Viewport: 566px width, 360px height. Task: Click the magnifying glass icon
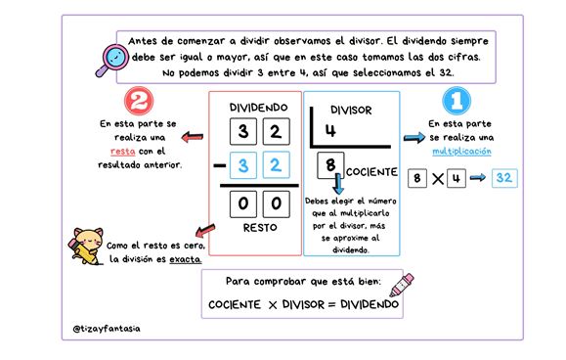[112, 60]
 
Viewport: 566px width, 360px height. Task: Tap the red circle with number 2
[139, 101]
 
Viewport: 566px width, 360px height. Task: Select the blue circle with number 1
[457, 101]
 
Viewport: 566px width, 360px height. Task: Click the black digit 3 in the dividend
[243, 131]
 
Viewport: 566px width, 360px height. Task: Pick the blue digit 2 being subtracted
[276, 165]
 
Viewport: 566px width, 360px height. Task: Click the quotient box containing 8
[330, 165]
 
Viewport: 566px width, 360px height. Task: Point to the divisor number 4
[330, 130]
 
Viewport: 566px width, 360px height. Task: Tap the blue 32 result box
[504, 178]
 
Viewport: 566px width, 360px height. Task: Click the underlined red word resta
[123, 152]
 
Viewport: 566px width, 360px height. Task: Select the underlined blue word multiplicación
[461, 152]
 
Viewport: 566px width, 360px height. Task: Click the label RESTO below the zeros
[260, 228]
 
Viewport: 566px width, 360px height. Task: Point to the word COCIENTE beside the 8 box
[371, 172]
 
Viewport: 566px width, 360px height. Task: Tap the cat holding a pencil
[86, 246]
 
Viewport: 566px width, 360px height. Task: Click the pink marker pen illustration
[402, 285]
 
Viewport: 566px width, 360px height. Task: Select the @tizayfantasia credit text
[107, 329]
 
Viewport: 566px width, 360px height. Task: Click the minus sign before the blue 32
[220, 165]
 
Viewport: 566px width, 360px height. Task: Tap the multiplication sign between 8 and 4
[438, 178]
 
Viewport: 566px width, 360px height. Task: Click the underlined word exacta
[185, 259]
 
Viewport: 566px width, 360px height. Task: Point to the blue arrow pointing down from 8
[338, 184]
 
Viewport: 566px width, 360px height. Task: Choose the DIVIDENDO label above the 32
[258, 108]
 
